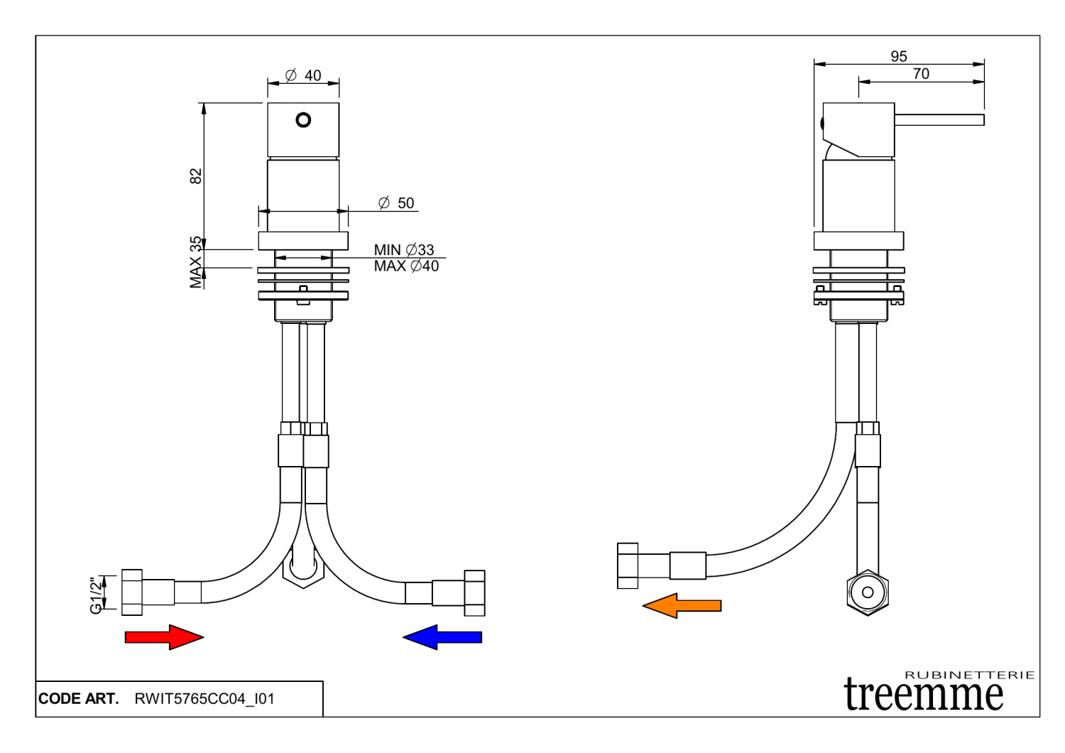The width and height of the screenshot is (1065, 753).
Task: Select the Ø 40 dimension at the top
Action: pyautogui.click(x=304, y=75)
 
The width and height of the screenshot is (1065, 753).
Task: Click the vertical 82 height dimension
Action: pyautogui.click(x=196, y=175)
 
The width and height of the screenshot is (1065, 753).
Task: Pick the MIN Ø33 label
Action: pyautogui.click(x=404, y=250)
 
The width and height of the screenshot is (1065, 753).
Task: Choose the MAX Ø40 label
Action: pyautogui.click(x=406, y=266)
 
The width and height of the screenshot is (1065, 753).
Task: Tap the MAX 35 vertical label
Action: pyautogui.click(x=196, y=262)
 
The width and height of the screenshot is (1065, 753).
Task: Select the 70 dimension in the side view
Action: pyautogui.click(x=921, y=74)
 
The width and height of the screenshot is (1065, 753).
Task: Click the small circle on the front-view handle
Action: pyautogui.click(x=303, y=120)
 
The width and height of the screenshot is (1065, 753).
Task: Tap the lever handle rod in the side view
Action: pyautogui.click(x=939, y=119)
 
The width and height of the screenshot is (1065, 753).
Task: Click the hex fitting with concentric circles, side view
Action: pyautogui.click(x=868, y=592)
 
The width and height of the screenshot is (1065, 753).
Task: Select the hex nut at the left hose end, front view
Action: pyautogui.click(x=132, y=592)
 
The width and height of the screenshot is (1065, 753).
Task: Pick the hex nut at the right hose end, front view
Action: pyautogui.click(x=474, y=592)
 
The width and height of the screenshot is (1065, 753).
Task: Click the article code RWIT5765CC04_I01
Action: pyautogui.click(x=204, y=699)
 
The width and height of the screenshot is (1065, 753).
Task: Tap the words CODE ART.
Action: pyautogui.click(x=78, y=699)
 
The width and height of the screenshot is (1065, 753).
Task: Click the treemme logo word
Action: pyautogui.click(x=924, y=694)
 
